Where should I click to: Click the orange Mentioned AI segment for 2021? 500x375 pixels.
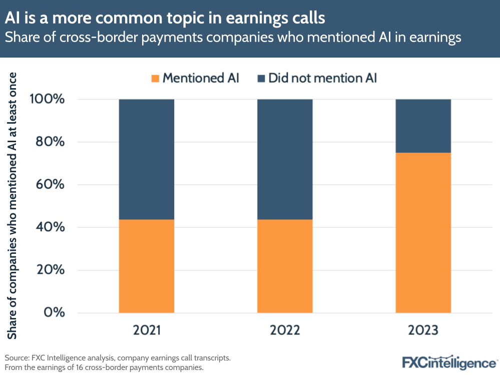[x=147, y=266]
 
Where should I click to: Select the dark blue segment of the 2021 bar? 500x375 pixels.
[x=147, y=159]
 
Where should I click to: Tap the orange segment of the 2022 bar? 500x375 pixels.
[x=285, y=266]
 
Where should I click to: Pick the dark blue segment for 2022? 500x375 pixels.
[x=285, y=159]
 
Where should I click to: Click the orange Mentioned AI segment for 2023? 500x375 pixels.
[x=423, y=233]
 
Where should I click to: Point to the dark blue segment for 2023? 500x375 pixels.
[x=423, y=126]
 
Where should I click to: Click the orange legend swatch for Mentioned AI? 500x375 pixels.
[x=155, y=78]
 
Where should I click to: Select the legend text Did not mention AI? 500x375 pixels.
[x=322, y=78]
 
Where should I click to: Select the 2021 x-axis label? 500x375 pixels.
[x=147, y=330]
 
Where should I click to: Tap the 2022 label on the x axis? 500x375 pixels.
[x=285, y=330]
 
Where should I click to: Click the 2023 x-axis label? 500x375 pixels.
[x=423, y=330]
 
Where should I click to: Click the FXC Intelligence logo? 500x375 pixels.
[x=449, y=361]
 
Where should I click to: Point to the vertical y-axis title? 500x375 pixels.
[x=13, y=205]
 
